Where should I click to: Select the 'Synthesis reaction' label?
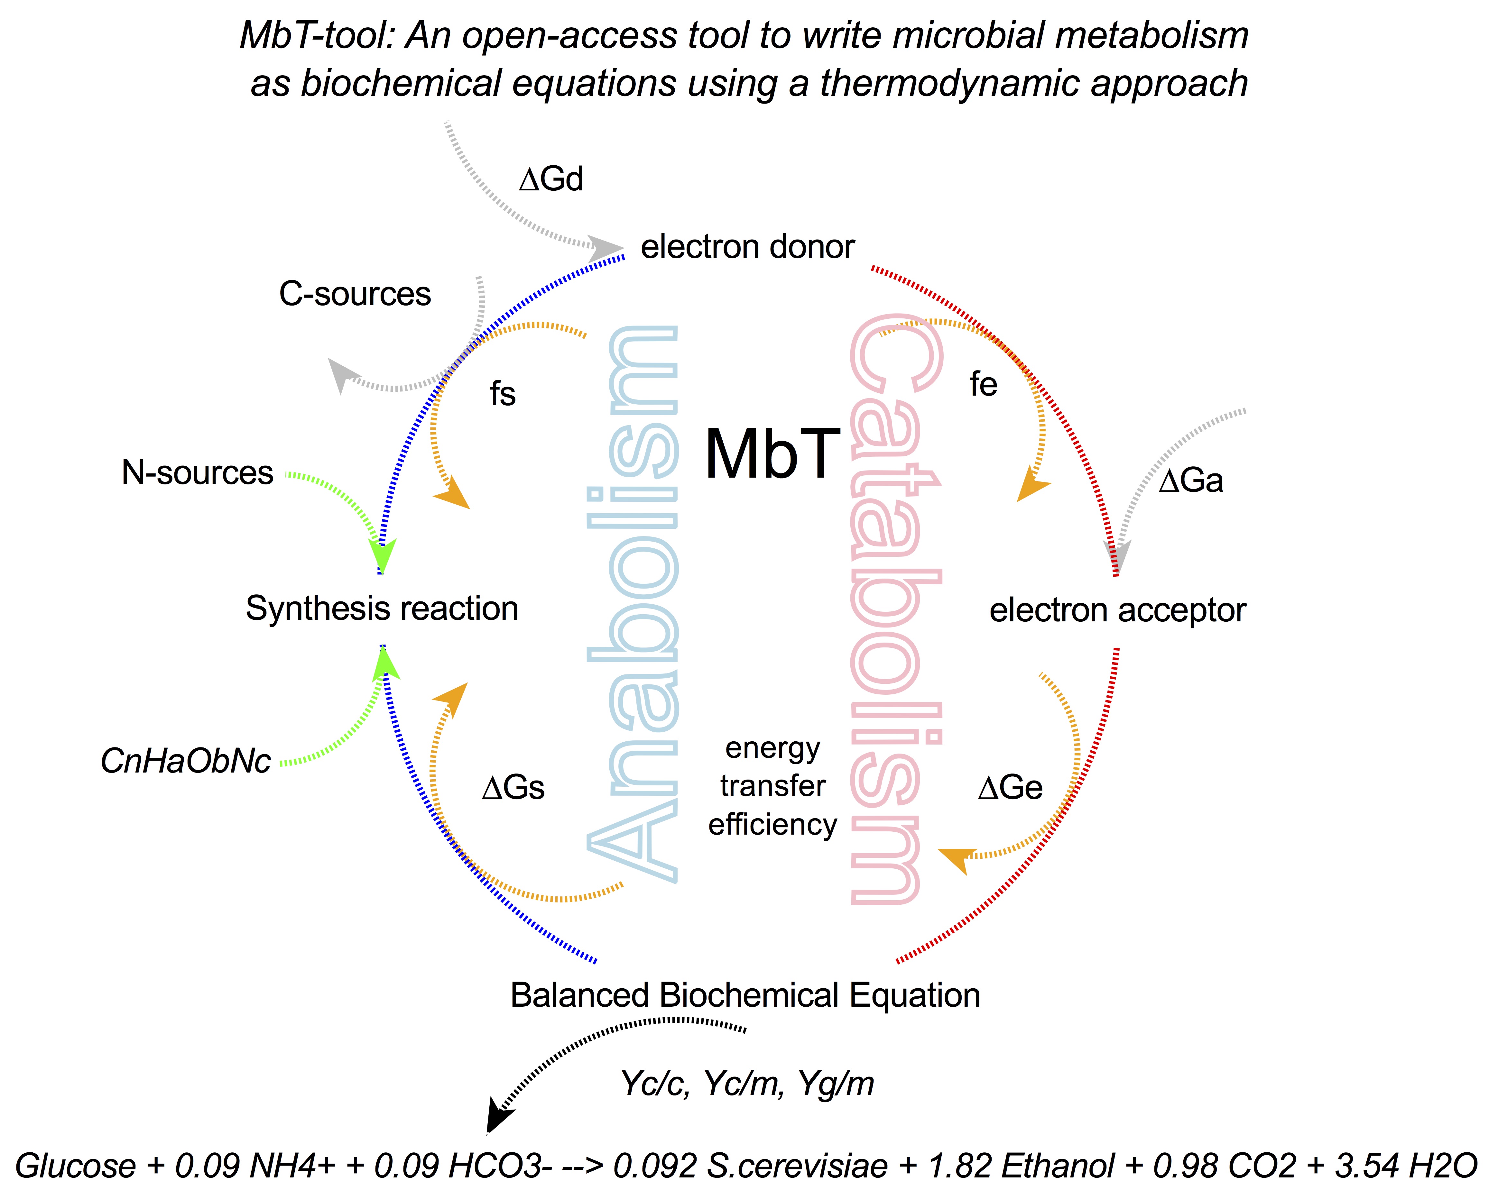(382, 609)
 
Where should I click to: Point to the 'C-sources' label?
(355, 294)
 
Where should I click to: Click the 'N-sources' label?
(197, 473)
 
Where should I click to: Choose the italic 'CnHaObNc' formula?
(186, 761)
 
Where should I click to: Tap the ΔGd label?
(551, 179)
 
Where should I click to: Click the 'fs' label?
(502, 394)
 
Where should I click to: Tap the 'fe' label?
(983, 384)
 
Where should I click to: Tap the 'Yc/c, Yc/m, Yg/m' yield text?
(747, 1084)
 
